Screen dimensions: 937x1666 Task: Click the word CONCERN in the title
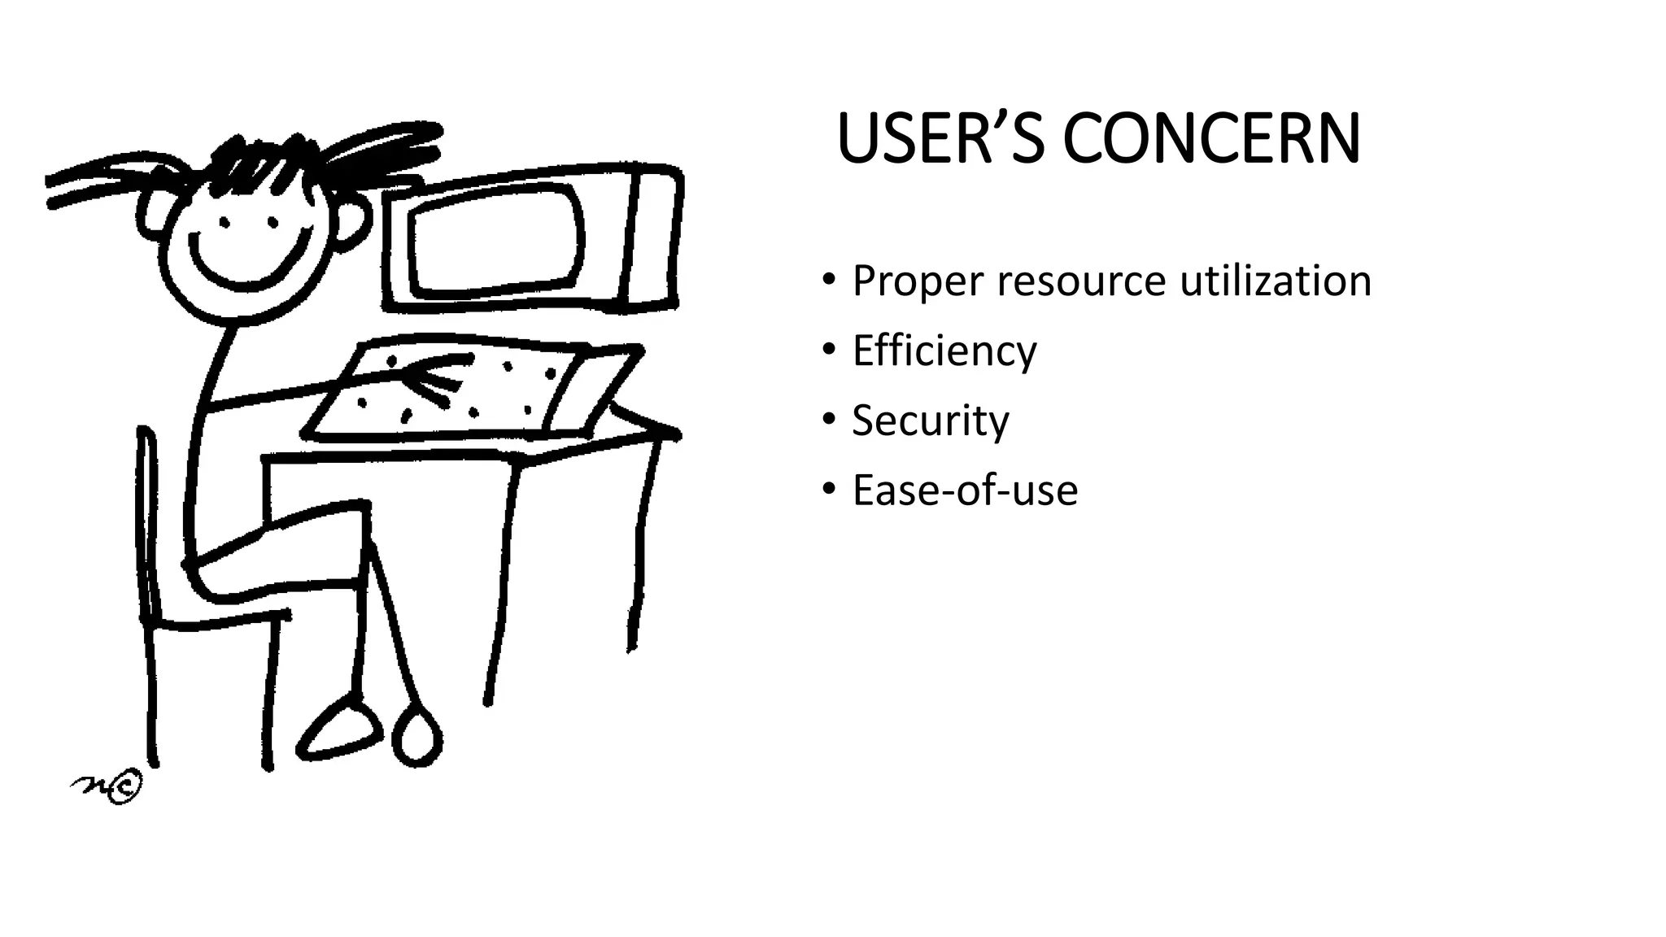(1211, 140)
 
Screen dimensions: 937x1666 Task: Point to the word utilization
(1275, 281)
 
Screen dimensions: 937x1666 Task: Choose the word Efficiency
(944, 351)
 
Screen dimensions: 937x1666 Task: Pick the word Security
(930, 421)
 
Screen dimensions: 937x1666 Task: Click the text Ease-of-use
(965, 490)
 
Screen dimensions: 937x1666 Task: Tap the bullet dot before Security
(828, 420)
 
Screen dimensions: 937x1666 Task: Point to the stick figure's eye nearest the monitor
(273, 222)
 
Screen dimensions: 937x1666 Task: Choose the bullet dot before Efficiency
(828, 350)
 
